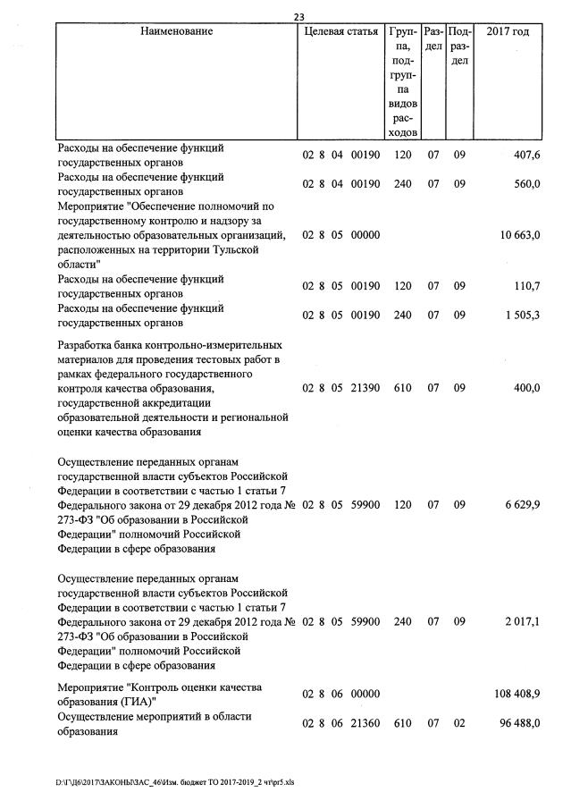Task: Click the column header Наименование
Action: (177, 31)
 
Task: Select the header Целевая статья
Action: (341, 31)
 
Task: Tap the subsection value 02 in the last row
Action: (459, 723)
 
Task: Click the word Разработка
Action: (87, 345)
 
